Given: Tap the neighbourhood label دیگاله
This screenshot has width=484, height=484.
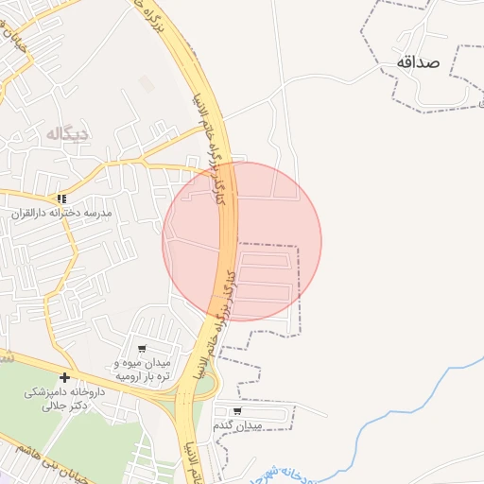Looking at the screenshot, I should pos(66,134).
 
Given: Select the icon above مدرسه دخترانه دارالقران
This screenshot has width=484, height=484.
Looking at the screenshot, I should pos(61,199).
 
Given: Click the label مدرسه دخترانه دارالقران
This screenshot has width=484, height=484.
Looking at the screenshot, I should pos(61,214).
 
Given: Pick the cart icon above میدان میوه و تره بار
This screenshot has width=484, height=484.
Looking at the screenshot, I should pos(142,349).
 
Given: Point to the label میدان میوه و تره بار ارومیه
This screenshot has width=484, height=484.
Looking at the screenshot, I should pos(142,369).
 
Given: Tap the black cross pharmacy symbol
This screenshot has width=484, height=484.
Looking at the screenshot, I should pos(64,377).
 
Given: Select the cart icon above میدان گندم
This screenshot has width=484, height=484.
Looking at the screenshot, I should pos(236,411).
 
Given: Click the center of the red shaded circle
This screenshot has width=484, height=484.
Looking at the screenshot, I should pos(242,241).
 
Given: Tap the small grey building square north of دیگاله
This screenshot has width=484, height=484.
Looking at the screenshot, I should pos(147,84).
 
